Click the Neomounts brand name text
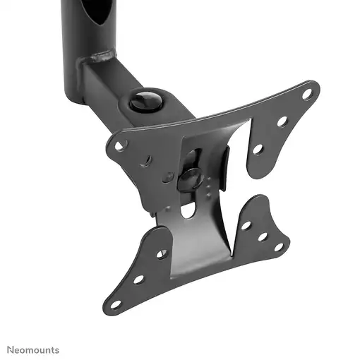pyautogui.click(x=34, y=350)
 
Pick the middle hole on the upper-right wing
pyautogui.click(x=282, y=121)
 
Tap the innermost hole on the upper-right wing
pyautogui.click(x=258, y=149)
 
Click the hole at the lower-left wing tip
pyautogui.click(x=116, y=304)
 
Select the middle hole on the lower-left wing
pyautogui.click(x=138, y=279)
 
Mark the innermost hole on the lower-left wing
pyautogui.click(x=162, y=253)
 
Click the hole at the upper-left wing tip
pyautogui.click(x=121, y=146)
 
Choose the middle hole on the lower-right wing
pyautogui.click(x=263, y=236)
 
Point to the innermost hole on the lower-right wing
pyautogui.click(x=246, y=225)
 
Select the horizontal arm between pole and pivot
pyautogui.click(x=106, y=85)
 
